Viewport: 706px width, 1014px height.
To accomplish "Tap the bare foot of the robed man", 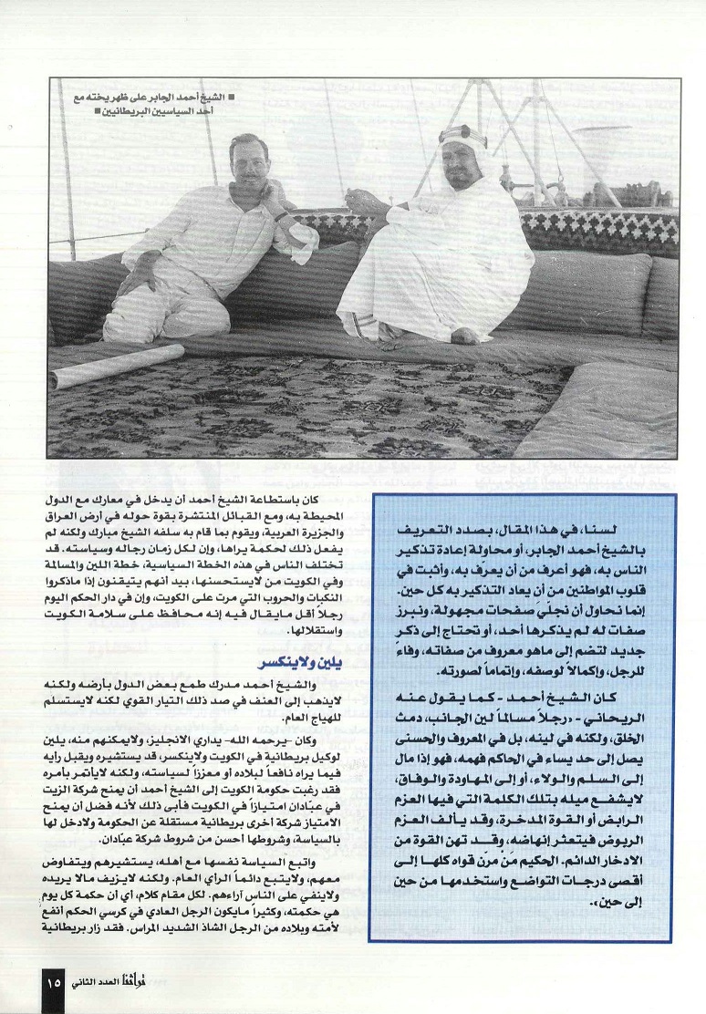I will point(465,335).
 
